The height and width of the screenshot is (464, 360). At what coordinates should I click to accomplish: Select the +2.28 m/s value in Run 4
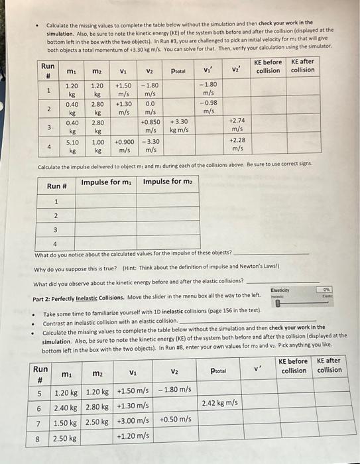(238, 144)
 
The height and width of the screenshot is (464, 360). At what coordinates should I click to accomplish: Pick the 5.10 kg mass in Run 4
(72, 146)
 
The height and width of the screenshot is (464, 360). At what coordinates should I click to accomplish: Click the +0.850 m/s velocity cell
(150, 126)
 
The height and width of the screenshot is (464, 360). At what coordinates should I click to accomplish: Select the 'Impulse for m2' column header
(166, 182)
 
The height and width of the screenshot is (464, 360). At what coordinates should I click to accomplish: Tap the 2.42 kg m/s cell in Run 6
(219, 402)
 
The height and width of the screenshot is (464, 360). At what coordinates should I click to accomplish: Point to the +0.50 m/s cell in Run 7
(174, 420)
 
